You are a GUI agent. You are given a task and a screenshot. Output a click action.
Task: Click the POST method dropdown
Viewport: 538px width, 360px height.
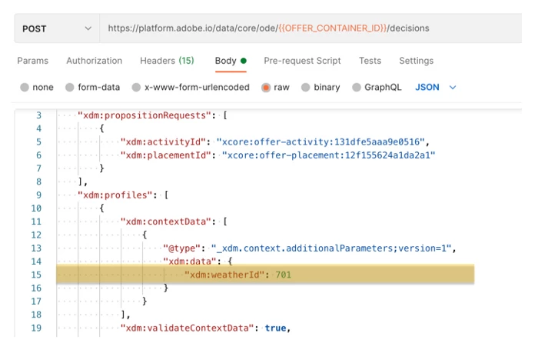57,28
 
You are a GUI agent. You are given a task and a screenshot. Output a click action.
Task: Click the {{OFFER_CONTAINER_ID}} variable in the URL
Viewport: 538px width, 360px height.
333,28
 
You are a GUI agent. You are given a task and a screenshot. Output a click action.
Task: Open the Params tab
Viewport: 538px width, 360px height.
32,61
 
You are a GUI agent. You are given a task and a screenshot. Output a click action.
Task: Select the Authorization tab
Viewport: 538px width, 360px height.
94,61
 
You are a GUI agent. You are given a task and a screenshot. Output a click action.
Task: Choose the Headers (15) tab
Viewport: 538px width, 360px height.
167,61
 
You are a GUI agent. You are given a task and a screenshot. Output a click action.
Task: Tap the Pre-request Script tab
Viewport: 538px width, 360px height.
302,61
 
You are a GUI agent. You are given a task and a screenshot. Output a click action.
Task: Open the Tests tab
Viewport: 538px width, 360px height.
370,61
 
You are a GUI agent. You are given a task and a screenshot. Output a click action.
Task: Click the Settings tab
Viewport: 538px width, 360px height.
417,61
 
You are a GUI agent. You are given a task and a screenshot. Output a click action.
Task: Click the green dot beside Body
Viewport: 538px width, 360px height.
244,61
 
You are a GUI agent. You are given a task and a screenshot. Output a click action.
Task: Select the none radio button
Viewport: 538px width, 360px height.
25,87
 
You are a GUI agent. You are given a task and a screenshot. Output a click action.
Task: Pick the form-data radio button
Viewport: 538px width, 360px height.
70,87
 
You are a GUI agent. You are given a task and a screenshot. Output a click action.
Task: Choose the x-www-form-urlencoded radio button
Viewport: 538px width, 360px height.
136,87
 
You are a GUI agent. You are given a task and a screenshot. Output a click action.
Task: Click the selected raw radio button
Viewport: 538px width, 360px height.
266,88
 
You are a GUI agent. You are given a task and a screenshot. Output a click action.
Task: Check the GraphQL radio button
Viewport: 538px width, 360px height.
357,87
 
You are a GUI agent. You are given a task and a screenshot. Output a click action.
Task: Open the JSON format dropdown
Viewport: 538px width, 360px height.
436,87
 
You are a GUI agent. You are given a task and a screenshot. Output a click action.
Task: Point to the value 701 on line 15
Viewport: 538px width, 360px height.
284,275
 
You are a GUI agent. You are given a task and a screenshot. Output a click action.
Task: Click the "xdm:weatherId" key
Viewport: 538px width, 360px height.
224,275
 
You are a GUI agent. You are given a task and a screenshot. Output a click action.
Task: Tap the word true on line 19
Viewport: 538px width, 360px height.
275,328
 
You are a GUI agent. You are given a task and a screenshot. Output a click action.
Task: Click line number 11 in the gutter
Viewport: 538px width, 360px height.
36,222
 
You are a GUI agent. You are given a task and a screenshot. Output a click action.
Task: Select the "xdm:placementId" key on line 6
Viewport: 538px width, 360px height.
165,155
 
